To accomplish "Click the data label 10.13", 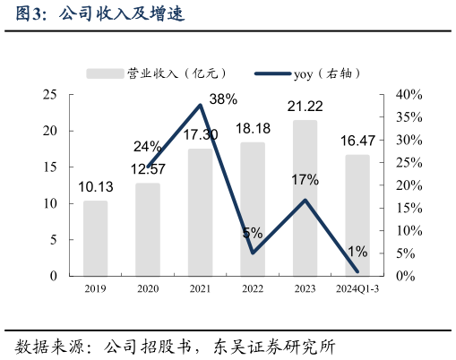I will pos(95,187).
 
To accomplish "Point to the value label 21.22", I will pos(305,107).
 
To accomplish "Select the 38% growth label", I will pos(223,99).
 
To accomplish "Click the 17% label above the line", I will pos(305,180).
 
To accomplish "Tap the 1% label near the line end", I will pos(357,251).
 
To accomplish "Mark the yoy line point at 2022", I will pos(253,253).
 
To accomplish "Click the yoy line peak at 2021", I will pos(200,105).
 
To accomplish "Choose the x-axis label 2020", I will pos(147,288).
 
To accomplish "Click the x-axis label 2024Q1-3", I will pos(357,288).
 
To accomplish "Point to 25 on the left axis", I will pos(50,94).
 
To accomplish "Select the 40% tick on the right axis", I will pos(408,94).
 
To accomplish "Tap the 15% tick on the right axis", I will pos(408,208).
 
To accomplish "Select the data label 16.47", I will pos(357,141).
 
